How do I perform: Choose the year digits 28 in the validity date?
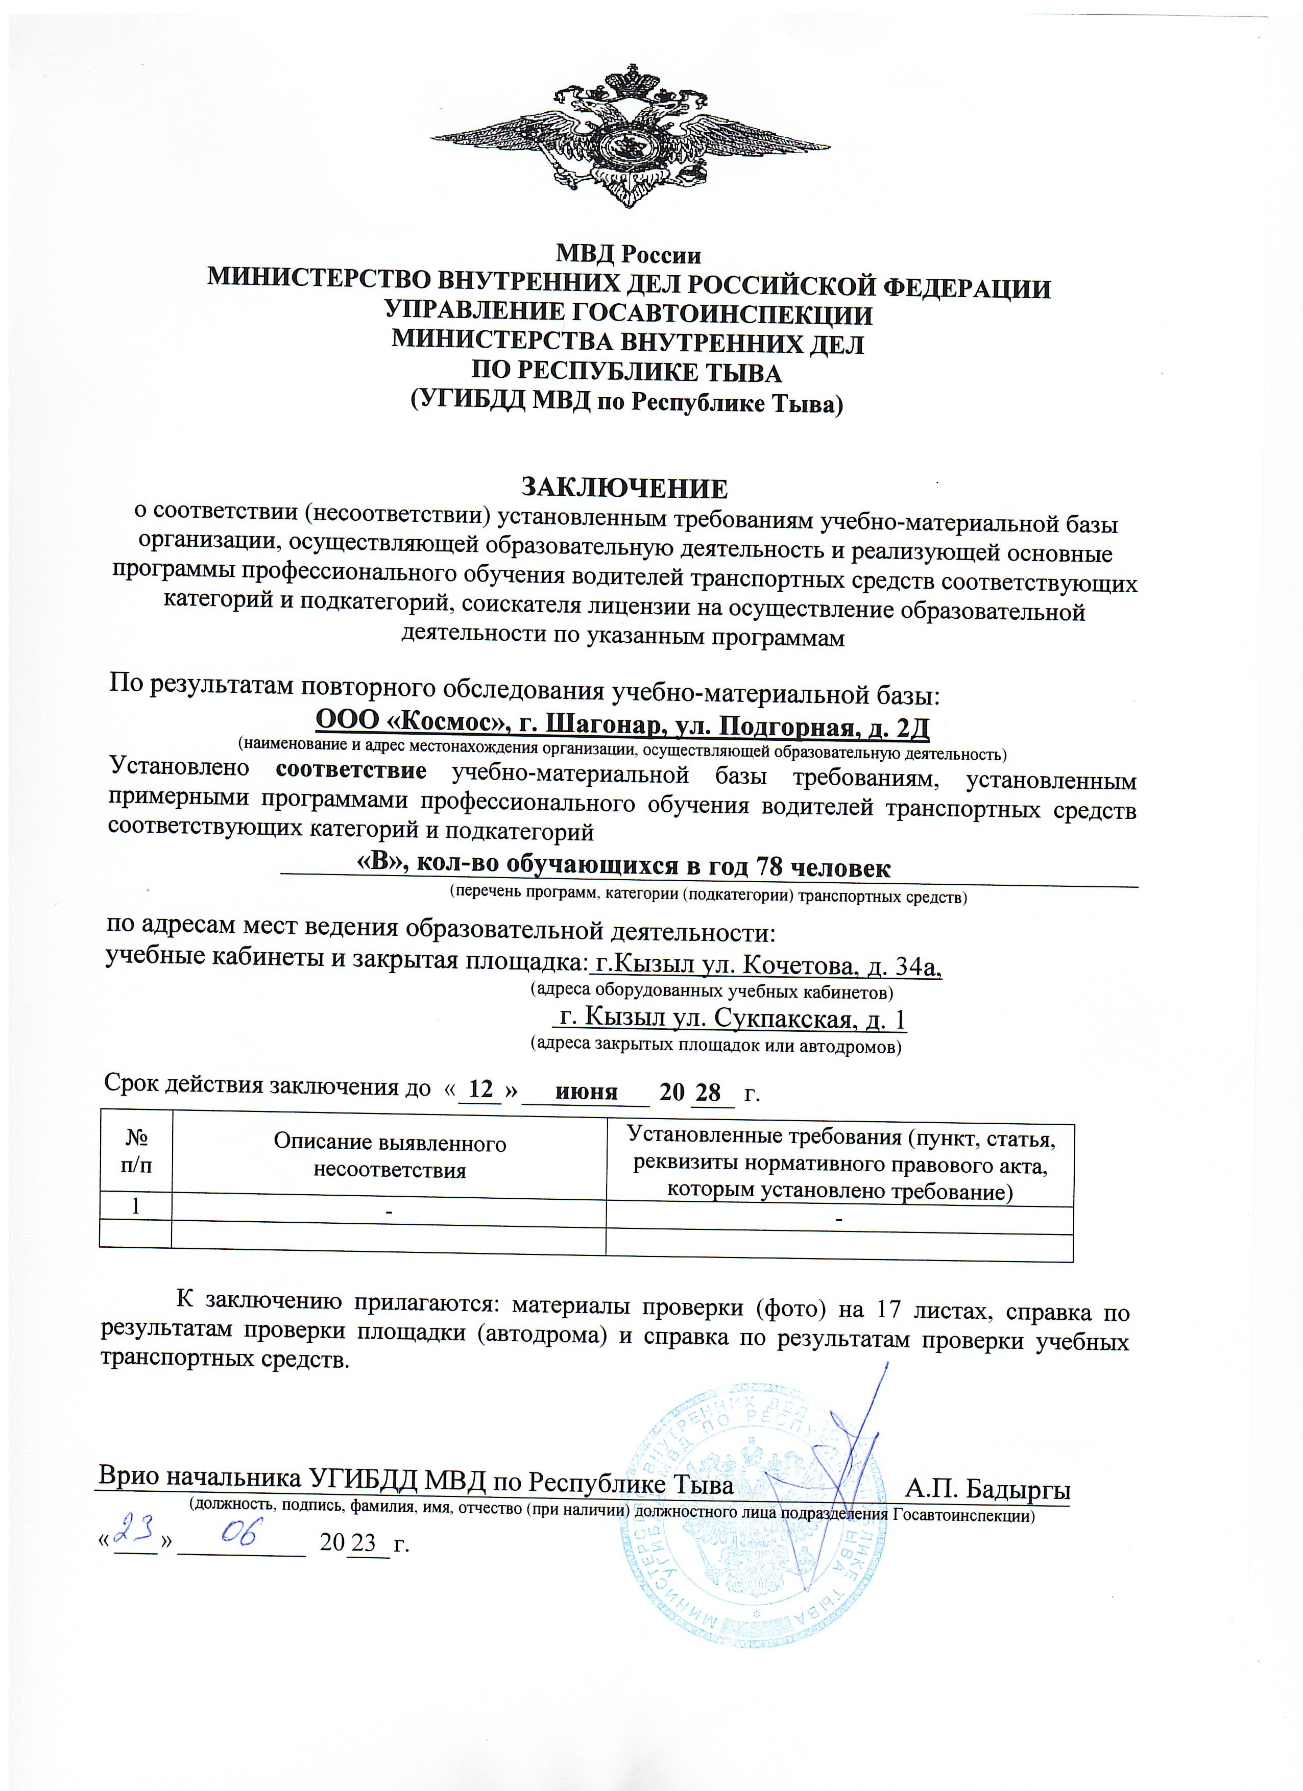click(x=708, y=1093)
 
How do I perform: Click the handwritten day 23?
click(x=133, y=1533)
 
